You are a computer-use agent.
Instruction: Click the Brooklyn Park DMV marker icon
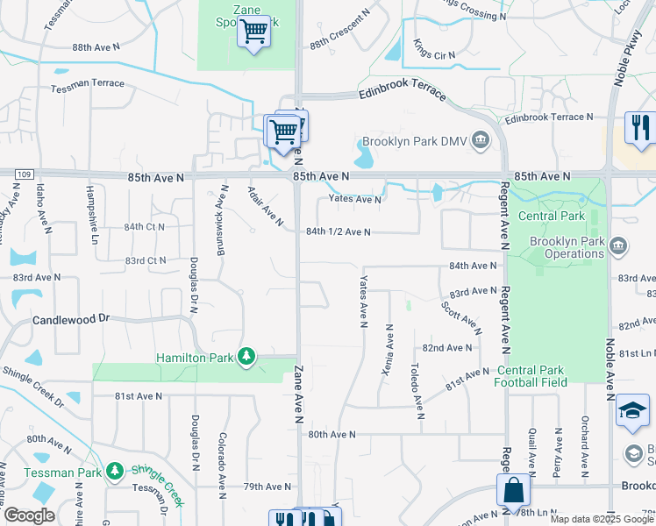(481, 139)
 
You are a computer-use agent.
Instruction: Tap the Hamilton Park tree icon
(248, 357)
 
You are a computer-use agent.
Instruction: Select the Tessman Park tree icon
(114, 471)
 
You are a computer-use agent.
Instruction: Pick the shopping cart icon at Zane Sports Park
(254, 32)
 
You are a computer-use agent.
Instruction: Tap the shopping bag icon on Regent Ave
(514, 490)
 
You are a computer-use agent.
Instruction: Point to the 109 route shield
(24, 175)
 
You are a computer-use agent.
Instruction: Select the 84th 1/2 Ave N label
(339, 232)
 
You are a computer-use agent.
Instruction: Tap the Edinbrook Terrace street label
(402, 96)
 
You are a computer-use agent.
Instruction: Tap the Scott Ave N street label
(460, 317)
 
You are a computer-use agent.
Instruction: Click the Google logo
(29, 515)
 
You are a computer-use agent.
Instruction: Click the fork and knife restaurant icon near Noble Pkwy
(639, 128)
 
